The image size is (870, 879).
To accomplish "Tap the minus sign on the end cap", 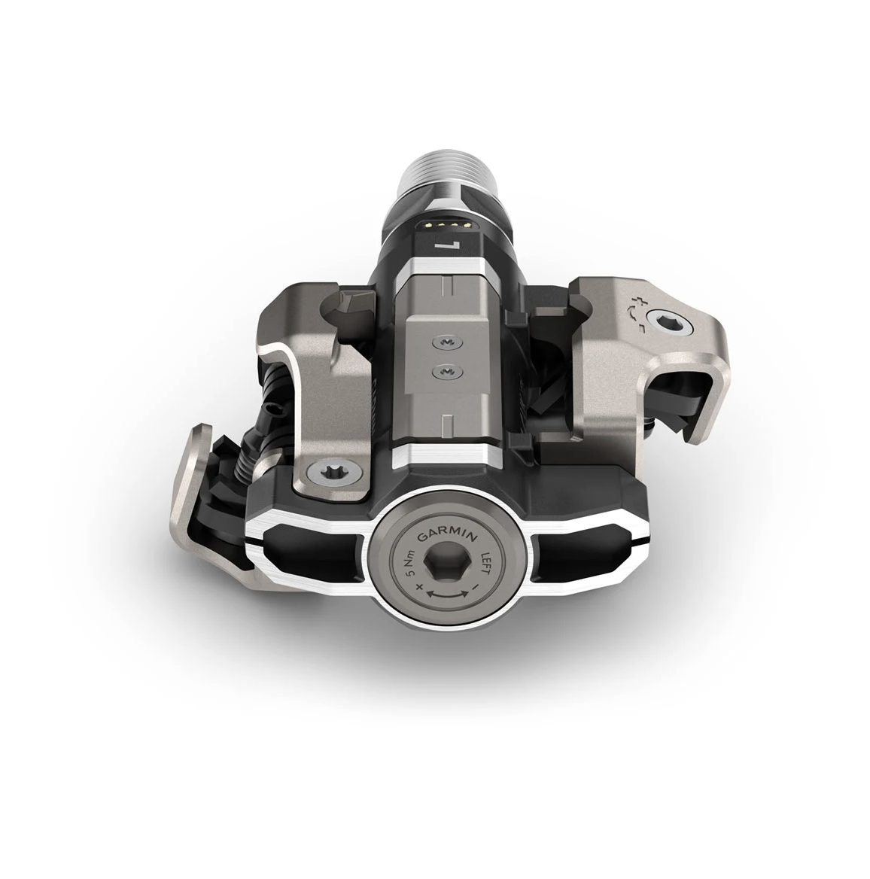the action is tap(476, 587).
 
